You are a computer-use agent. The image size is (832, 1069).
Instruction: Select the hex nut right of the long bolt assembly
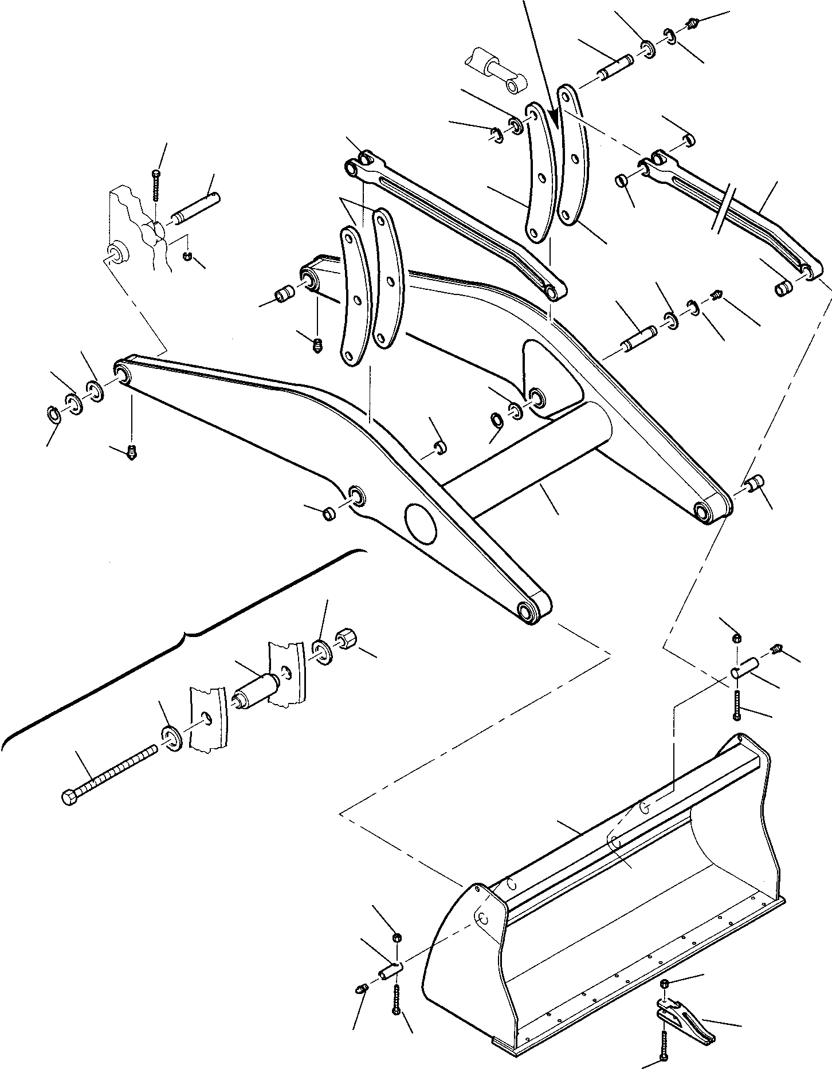[x=346, y=638]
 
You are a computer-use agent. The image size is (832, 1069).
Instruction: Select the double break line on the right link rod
[x=724, y=210]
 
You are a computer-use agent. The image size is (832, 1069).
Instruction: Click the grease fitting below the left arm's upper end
[x=132, y=453]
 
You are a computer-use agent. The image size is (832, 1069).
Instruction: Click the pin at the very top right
[x=615, y=66]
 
